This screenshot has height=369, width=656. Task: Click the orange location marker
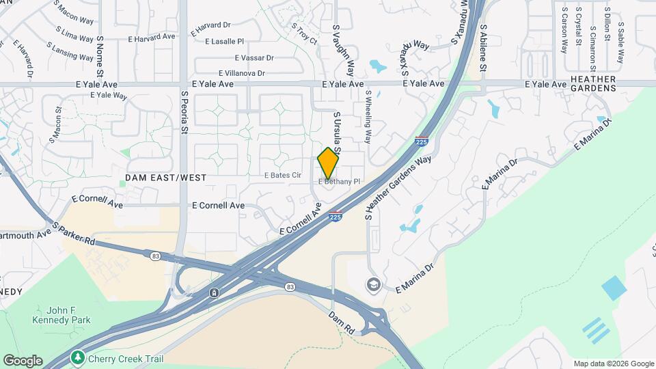(328, 163)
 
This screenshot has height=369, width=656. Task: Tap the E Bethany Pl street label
(339, 182)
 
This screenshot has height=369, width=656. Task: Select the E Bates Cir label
(283, 176)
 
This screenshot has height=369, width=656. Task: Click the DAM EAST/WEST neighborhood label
(166, 178)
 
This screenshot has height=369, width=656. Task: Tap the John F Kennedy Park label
(62, 315)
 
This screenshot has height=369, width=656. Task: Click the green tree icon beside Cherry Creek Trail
(79, 357)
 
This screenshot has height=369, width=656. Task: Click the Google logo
(23, 360)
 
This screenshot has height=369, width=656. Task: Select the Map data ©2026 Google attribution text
(613, 364)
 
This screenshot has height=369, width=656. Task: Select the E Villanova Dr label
(241, 73)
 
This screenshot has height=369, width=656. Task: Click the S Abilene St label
(483, 48)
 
